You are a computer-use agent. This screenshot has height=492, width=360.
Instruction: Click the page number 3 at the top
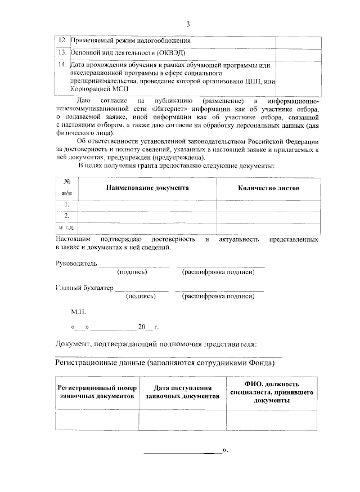point(188,24)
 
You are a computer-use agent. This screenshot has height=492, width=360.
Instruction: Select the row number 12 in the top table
point(62,41)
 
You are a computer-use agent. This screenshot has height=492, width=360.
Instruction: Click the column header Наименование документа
point(147,187)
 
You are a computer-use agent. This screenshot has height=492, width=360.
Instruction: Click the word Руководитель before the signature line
point(76,263)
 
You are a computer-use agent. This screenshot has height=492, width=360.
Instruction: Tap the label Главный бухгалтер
point(84,288)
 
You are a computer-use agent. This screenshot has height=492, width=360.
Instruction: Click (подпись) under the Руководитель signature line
point(132,272)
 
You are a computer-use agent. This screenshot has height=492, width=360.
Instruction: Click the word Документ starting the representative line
point(76,343)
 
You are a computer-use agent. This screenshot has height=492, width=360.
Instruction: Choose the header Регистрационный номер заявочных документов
point(97,392)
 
